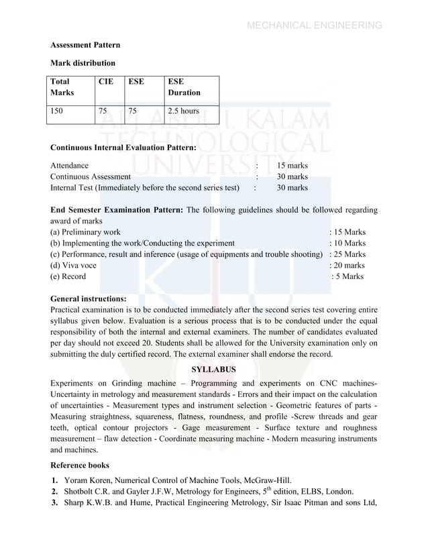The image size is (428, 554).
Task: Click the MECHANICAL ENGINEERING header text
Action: pyautogui.click(x=315, y=26)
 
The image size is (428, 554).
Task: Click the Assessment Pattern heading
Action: pyautogui.click(x=86, y=45)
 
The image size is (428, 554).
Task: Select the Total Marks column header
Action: pyautogui.click(x=62, y=87)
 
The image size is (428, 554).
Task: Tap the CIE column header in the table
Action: pyautogui.click(x=106, y=80)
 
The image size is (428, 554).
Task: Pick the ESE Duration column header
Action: pyautogui.click(x=183, y=87)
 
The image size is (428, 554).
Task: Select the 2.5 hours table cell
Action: pyautogui.click(x=183, y=111)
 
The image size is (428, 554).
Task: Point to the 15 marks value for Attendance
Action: pyautogui.click(x=292, y=165)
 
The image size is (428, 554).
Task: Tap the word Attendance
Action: pyautogui.click(x=69, y=165)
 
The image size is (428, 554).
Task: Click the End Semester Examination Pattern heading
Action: pyautogui.click(x=117, y=210)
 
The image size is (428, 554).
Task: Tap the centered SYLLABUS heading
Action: pyautogui.click(x=213, y=369)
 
